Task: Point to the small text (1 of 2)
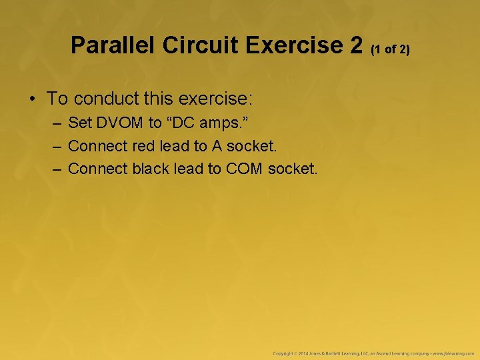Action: pos(391,49)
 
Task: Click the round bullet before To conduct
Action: pos(32,99)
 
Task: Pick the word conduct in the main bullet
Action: pos(105,99)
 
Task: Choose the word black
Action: pos(151,169)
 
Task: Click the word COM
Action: pos(245,169)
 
